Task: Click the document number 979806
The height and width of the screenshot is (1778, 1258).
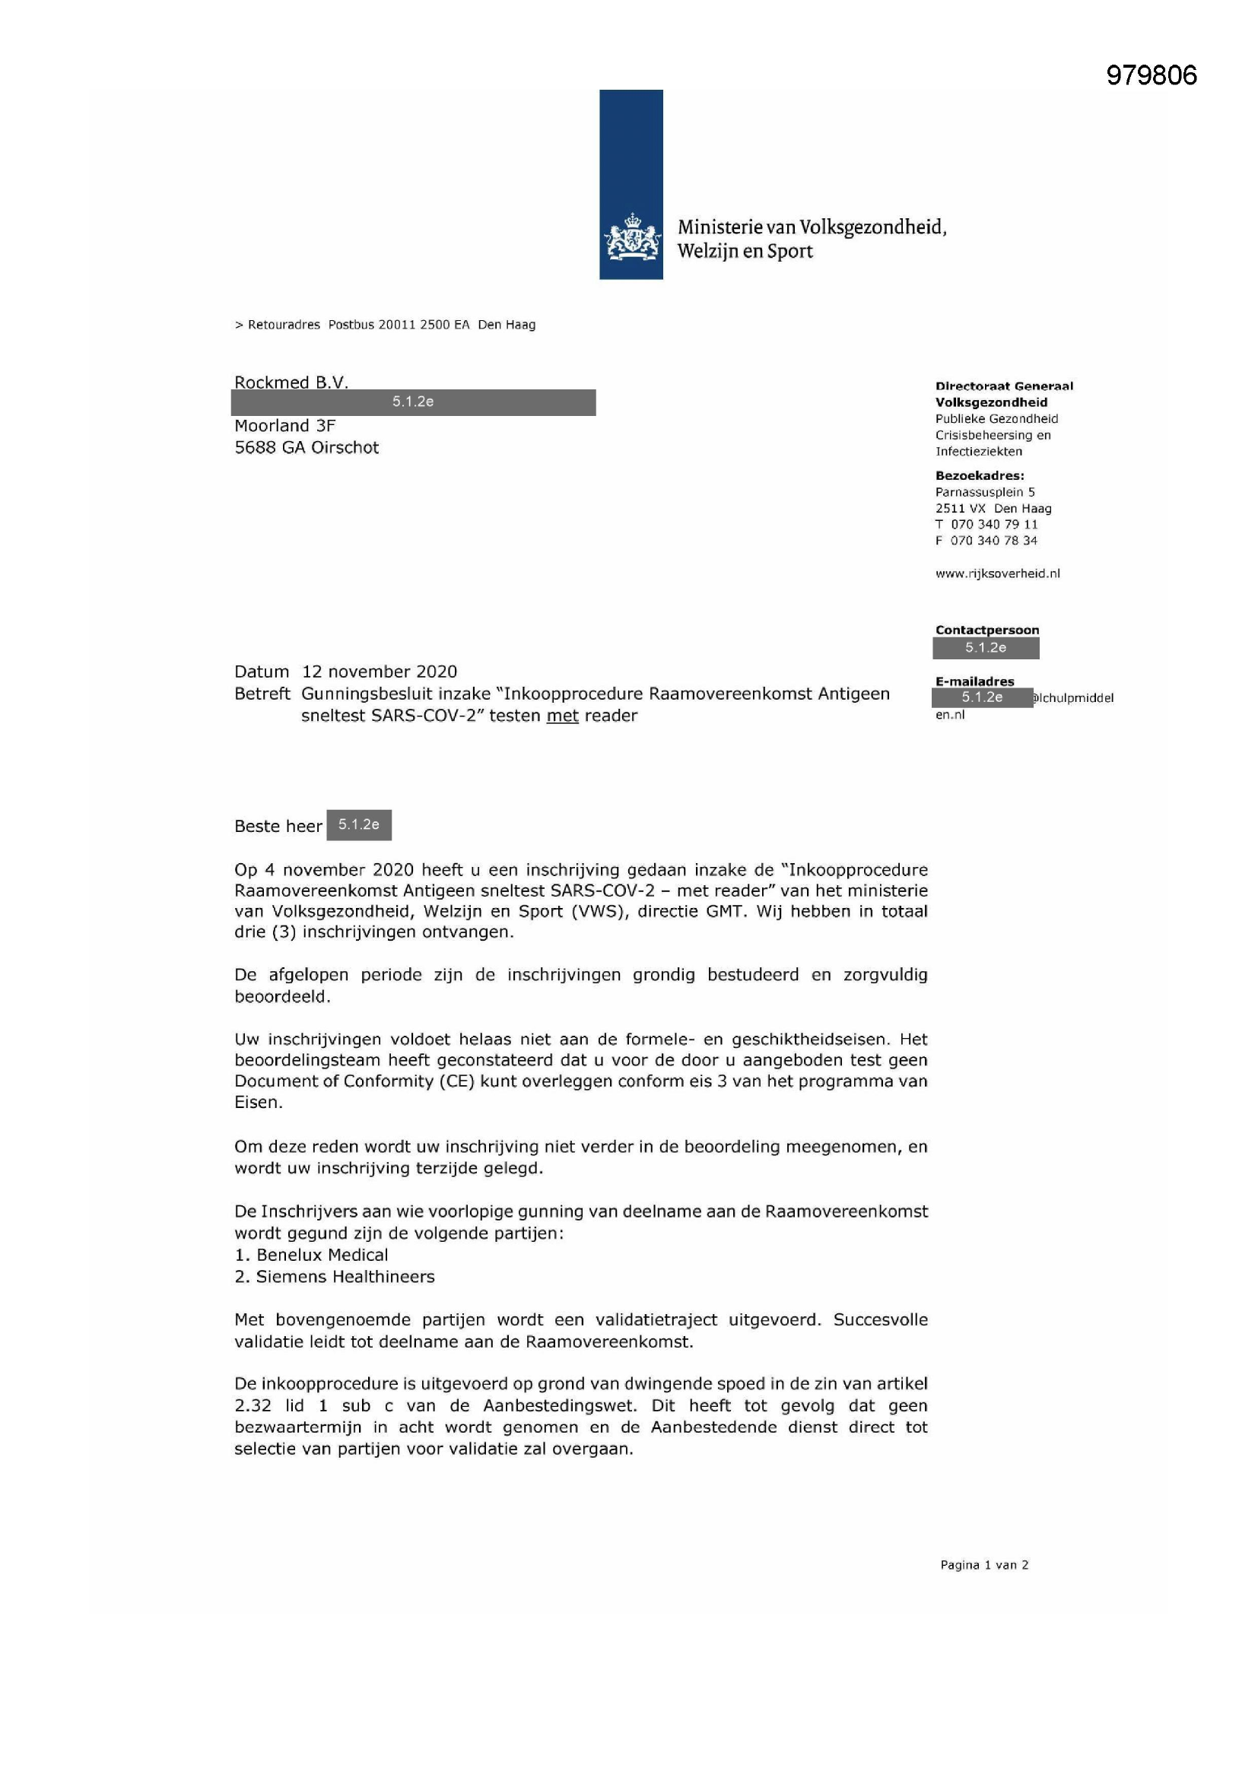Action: pos(1151,76)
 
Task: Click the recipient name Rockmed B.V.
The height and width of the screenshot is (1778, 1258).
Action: pos(291,383)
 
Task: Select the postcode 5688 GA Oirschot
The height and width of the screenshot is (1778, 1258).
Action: pos(307,448)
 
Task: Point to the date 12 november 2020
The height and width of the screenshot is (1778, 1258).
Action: pos(380,672)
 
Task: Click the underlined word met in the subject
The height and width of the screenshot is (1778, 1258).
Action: pos(562,716)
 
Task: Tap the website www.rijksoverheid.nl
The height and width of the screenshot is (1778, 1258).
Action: pos(997,574)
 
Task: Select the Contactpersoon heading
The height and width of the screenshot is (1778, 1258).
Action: pos(987,630)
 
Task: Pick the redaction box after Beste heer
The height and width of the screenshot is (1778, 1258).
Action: pos(359,824)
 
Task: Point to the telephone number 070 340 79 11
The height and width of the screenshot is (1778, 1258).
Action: pos(994,524)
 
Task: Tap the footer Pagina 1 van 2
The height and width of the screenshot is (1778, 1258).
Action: pos(983,1565)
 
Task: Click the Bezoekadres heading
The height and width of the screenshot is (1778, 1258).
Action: pos(979,475)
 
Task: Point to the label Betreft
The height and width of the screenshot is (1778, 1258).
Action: pos(262,694)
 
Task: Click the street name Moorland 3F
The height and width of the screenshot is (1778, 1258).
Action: pos(285,426)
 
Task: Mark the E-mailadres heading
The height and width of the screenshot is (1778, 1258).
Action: pos(974,681)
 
